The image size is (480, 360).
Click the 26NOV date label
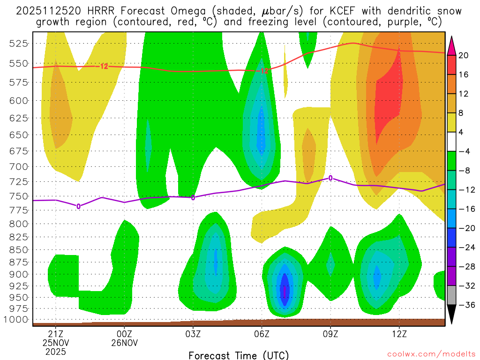coord(124,343)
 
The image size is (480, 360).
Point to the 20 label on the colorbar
coord(464,55)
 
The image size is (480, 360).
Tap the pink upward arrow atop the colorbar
coord(452,45)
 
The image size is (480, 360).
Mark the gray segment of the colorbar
coord(452,295)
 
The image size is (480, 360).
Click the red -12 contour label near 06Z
coord(263,71)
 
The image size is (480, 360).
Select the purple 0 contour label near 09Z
coord(330,178)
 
